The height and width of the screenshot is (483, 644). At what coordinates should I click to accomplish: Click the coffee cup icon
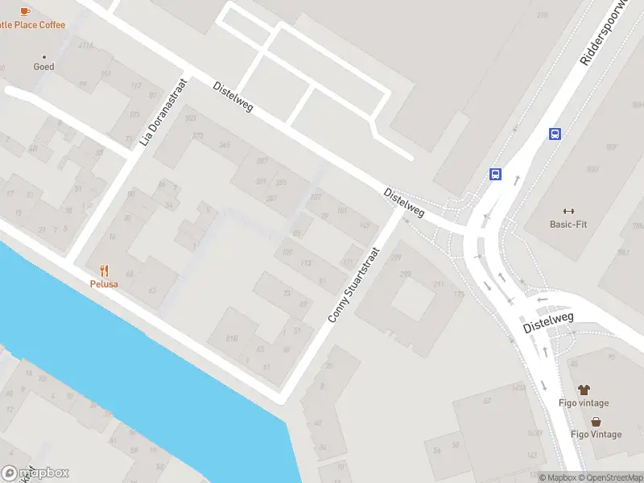pos(24,11)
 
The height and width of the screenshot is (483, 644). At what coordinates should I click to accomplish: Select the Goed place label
pos(43,67)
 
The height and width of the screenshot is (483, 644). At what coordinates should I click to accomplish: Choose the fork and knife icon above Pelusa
pos(104,270)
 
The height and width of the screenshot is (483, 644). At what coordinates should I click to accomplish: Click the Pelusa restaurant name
pos(104,284)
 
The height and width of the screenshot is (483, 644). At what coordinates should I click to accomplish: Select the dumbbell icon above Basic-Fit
pos(568,211)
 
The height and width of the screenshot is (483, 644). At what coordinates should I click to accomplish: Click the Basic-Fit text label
pos(568,225)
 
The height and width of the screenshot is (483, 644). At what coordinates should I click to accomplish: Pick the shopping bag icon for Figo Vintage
pos(596,421)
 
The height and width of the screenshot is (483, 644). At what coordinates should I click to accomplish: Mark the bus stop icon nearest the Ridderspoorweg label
pos(555,134)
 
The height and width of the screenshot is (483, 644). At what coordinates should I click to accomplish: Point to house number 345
pos(225,145)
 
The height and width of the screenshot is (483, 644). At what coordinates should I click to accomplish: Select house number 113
pos(305,263)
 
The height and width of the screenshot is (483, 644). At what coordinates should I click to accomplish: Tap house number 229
pos(395,258)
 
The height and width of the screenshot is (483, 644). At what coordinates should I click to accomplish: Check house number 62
pos(486,400)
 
